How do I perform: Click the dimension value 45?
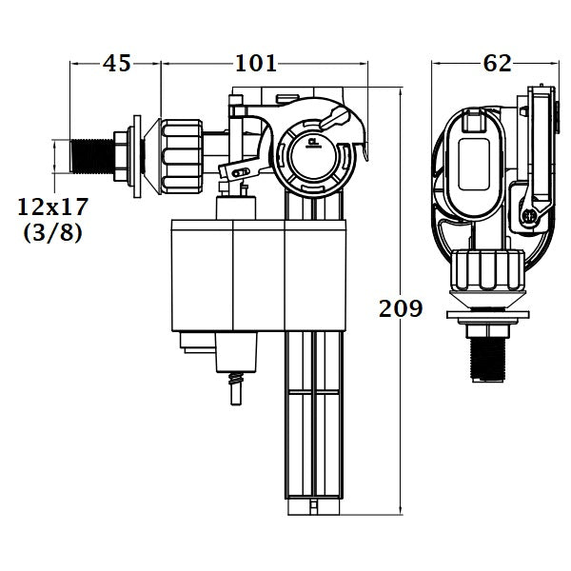pyautogui.click(x=116, y=64)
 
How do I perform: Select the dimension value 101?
pyautogui.click(x=256, y=64)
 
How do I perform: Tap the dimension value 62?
pyautogui.click(x=497, y=64)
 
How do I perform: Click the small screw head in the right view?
pyautogui.click(x=525, y=218)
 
